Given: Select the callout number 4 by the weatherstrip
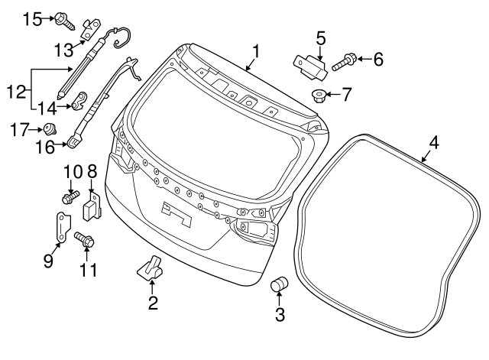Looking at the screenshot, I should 434,142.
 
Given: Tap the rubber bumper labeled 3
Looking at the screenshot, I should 280,285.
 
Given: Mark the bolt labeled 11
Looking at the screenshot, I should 85,240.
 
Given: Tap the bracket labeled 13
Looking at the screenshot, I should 92,29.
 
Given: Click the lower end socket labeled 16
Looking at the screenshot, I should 74,141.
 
